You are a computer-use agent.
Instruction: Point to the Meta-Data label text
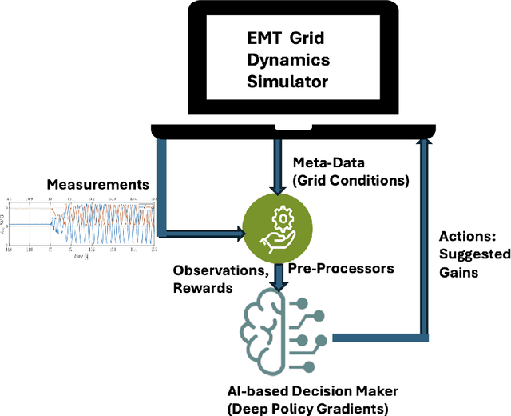pyautogui.click(x=321, y=163)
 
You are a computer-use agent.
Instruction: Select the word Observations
pyautogui.click(x=216, y=269)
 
